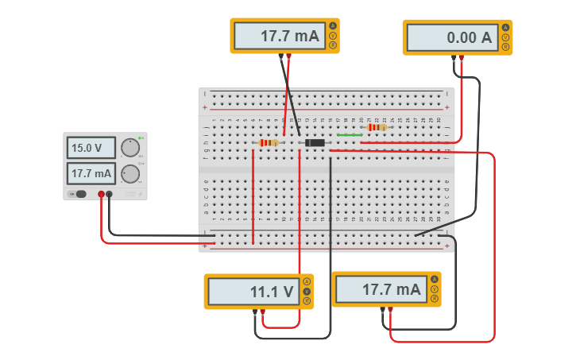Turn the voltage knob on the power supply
click(x=130, y=148)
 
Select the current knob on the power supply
click(x=130, y=173)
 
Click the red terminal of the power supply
click(x=101, y=194)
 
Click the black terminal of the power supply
click(x=110, y=194)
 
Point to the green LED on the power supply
click(x=140, y=139)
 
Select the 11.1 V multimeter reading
click(x=252, y=292)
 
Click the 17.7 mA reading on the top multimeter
click(x=278, y=36)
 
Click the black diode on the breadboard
click(x=315, y=143)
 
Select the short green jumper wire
click(x=350, y=135)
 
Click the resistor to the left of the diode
click(x=269, y=143)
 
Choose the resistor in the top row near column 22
click(x=377, y=127)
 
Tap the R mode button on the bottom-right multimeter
click(x=435, y=299)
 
